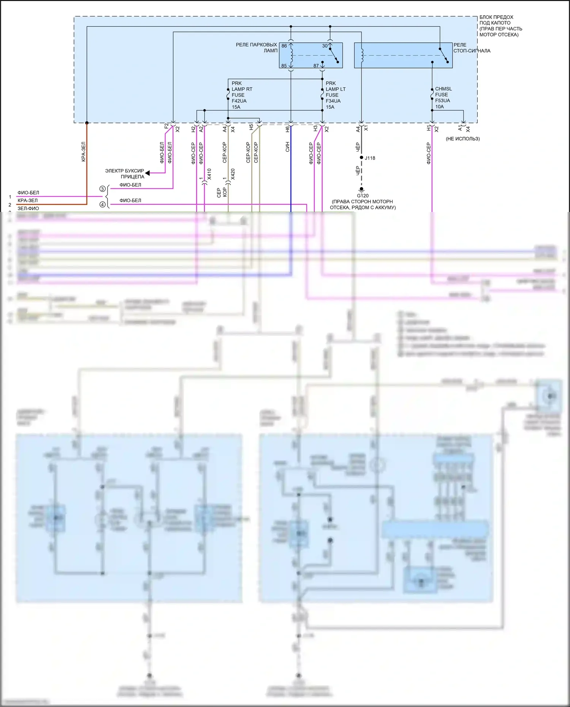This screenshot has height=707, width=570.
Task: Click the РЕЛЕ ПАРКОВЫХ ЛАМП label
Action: (x=256, y=47)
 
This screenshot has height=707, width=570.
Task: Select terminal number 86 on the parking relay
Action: (x=284, y=46)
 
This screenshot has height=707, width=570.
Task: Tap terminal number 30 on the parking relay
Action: (x=325, y=46)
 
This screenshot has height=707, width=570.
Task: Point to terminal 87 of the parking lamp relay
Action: (x=316, y=66)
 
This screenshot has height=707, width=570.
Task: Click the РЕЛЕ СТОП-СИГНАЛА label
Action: (x=472, y=48)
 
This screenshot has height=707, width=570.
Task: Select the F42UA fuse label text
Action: (x=239, y=101)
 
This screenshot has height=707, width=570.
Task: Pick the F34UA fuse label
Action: (x=333, y=101)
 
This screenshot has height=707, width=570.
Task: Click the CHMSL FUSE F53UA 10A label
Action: (x=443, y=98)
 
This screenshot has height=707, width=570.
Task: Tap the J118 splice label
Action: (x=370, y=158)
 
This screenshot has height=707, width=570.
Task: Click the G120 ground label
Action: (x=363, y=196)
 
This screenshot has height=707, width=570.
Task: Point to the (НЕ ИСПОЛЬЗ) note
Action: (x=462, y=139)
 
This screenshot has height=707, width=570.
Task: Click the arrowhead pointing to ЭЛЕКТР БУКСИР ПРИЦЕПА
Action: (x=148, y=173)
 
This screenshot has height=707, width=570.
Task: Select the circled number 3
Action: (x=102, y=189)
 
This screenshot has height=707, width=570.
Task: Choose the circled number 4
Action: (x=102, y=204)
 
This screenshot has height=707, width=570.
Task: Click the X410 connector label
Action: (x=209, y=174)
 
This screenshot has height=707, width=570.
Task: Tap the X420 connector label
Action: (x=233, y=174)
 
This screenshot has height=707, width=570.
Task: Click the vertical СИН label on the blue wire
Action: (x=287, y=147)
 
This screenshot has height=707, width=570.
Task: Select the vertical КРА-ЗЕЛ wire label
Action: (x=83, y=152)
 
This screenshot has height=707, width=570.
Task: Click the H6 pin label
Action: (x=287, y=129)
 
